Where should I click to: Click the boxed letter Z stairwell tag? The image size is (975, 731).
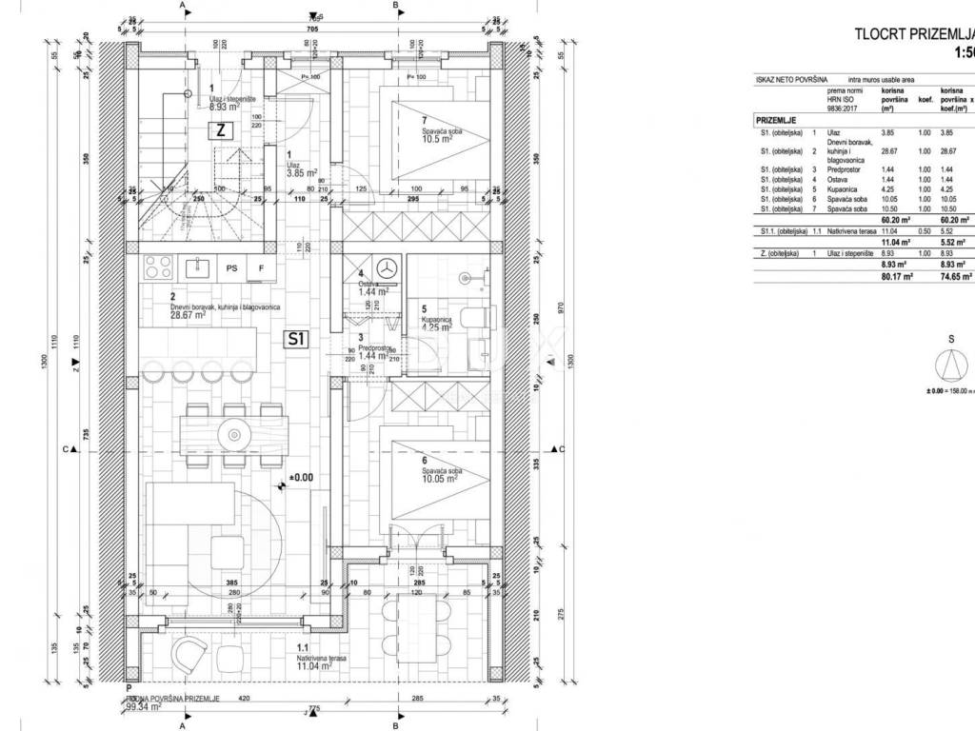pyautogui.click(x=220, y=131)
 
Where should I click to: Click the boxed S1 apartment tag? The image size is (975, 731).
pyautogui.click(x=296, y=338)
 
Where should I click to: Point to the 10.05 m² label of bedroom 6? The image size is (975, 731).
pyautogui.click(x=440, y=479)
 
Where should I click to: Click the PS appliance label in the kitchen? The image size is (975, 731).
pyautogui.click(x=231, y=268)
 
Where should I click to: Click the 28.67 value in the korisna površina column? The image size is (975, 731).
pyautogui.click(x=890, y=151)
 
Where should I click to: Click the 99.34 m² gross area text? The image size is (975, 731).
pyautogui.click(x=142, y=707)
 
